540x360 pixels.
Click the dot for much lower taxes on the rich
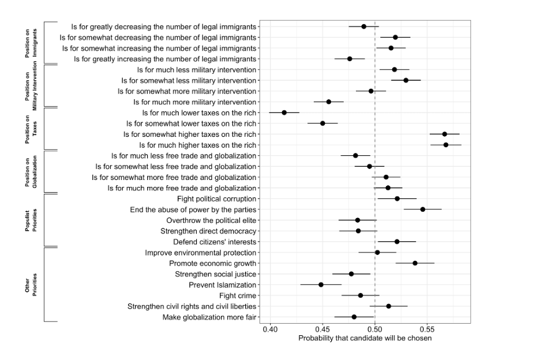pos(284,112)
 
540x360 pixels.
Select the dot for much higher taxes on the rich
pos(446,145)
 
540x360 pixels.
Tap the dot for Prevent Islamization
pos(321,284)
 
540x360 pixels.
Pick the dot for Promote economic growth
pos(415,263)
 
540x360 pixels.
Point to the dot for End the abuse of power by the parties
pos(423,209)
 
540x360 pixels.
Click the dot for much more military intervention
pos(329,102)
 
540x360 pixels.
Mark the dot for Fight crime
pos(361,295)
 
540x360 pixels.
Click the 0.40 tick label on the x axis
pos(270,329)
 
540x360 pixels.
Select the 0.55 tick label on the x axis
pos(427,329)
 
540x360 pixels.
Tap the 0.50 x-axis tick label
pos(375,329)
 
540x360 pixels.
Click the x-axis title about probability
pos(365,338)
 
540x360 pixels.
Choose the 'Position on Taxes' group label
pos(31,129)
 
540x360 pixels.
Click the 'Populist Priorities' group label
pos(31,220)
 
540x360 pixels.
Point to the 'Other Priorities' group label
pos(31,284)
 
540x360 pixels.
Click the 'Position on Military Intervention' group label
pos(31,85)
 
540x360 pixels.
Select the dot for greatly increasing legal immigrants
pos(350,59)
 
